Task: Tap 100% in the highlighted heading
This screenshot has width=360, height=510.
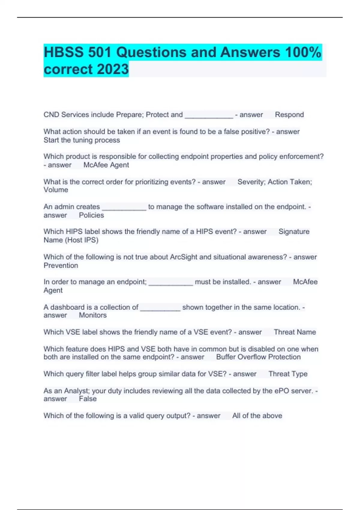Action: [x=303, y=52]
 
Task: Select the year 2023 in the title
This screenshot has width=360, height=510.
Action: [x=113, y=69]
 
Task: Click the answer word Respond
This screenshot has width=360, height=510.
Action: [x=289, y=115]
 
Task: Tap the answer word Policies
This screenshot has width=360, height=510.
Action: [x=91, y=215]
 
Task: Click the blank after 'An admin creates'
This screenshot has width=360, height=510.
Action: [x=124, y=208]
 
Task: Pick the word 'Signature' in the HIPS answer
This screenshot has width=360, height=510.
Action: [x=294, y=232]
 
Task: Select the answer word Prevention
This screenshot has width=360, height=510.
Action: [x=61, y=265]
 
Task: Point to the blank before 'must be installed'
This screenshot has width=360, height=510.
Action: [x=170, y=283]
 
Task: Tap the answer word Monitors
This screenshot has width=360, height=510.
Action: [x=93, y=315]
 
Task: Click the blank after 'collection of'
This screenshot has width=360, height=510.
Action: [x=160, y=308]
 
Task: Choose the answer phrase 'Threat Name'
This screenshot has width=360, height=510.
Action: [x=295, y=332]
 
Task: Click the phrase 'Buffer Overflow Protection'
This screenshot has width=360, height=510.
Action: [x=258, y=357]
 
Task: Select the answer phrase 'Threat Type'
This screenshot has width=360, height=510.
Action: [x=288, y=374]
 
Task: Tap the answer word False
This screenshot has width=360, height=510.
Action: [x=88, y=399]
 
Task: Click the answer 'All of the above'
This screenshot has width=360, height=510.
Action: [x=257, y=415]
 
